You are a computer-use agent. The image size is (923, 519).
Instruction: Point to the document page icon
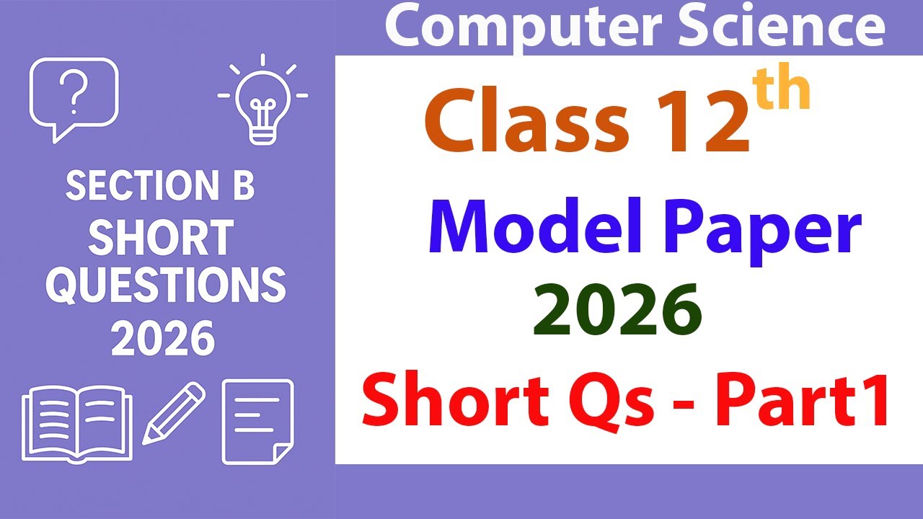(257, 422)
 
